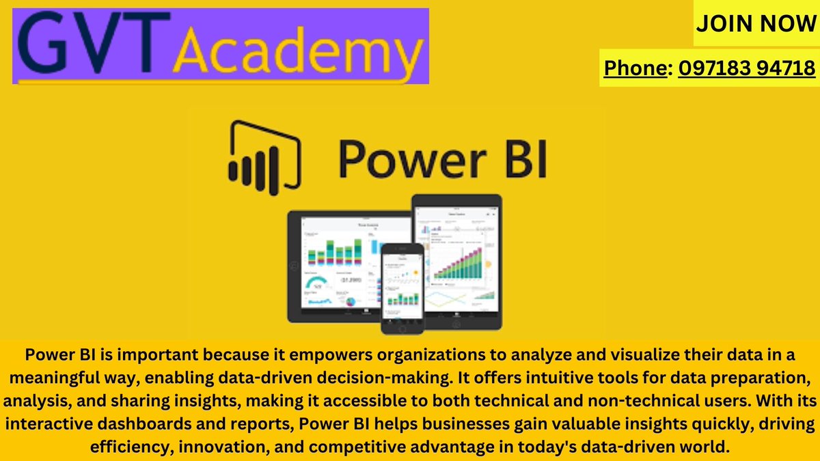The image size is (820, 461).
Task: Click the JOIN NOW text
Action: (755, 23)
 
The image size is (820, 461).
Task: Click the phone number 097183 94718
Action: (747, 68)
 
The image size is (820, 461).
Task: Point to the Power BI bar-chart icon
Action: (264, 156)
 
